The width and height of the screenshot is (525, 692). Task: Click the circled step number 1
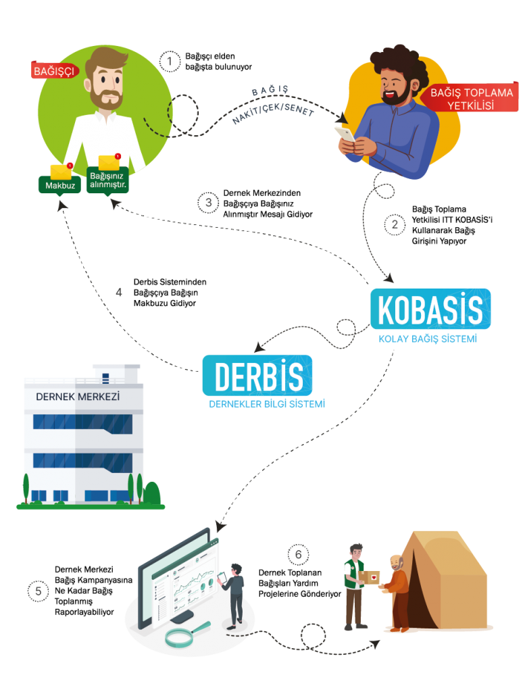point(170,62)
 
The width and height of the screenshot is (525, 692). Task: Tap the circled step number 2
point(395,224)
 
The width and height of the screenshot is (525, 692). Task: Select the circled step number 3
point(209,202)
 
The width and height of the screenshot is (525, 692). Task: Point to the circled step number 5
point(39,591)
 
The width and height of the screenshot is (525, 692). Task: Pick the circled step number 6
point(298,555)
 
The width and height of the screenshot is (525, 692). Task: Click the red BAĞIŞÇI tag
point(55,70)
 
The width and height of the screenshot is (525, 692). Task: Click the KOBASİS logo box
point(430,310)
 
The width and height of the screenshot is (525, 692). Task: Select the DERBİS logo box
point(257,375)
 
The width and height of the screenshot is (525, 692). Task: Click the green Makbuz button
point(59,184)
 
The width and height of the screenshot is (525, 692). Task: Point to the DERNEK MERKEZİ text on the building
point(77,397)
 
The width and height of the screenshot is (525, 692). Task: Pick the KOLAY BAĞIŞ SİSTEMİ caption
point(428,339)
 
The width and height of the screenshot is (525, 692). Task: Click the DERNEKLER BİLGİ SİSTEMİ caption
point(267,404)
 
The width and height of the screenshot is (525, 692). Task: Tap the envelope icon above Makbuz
point(60,171)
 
